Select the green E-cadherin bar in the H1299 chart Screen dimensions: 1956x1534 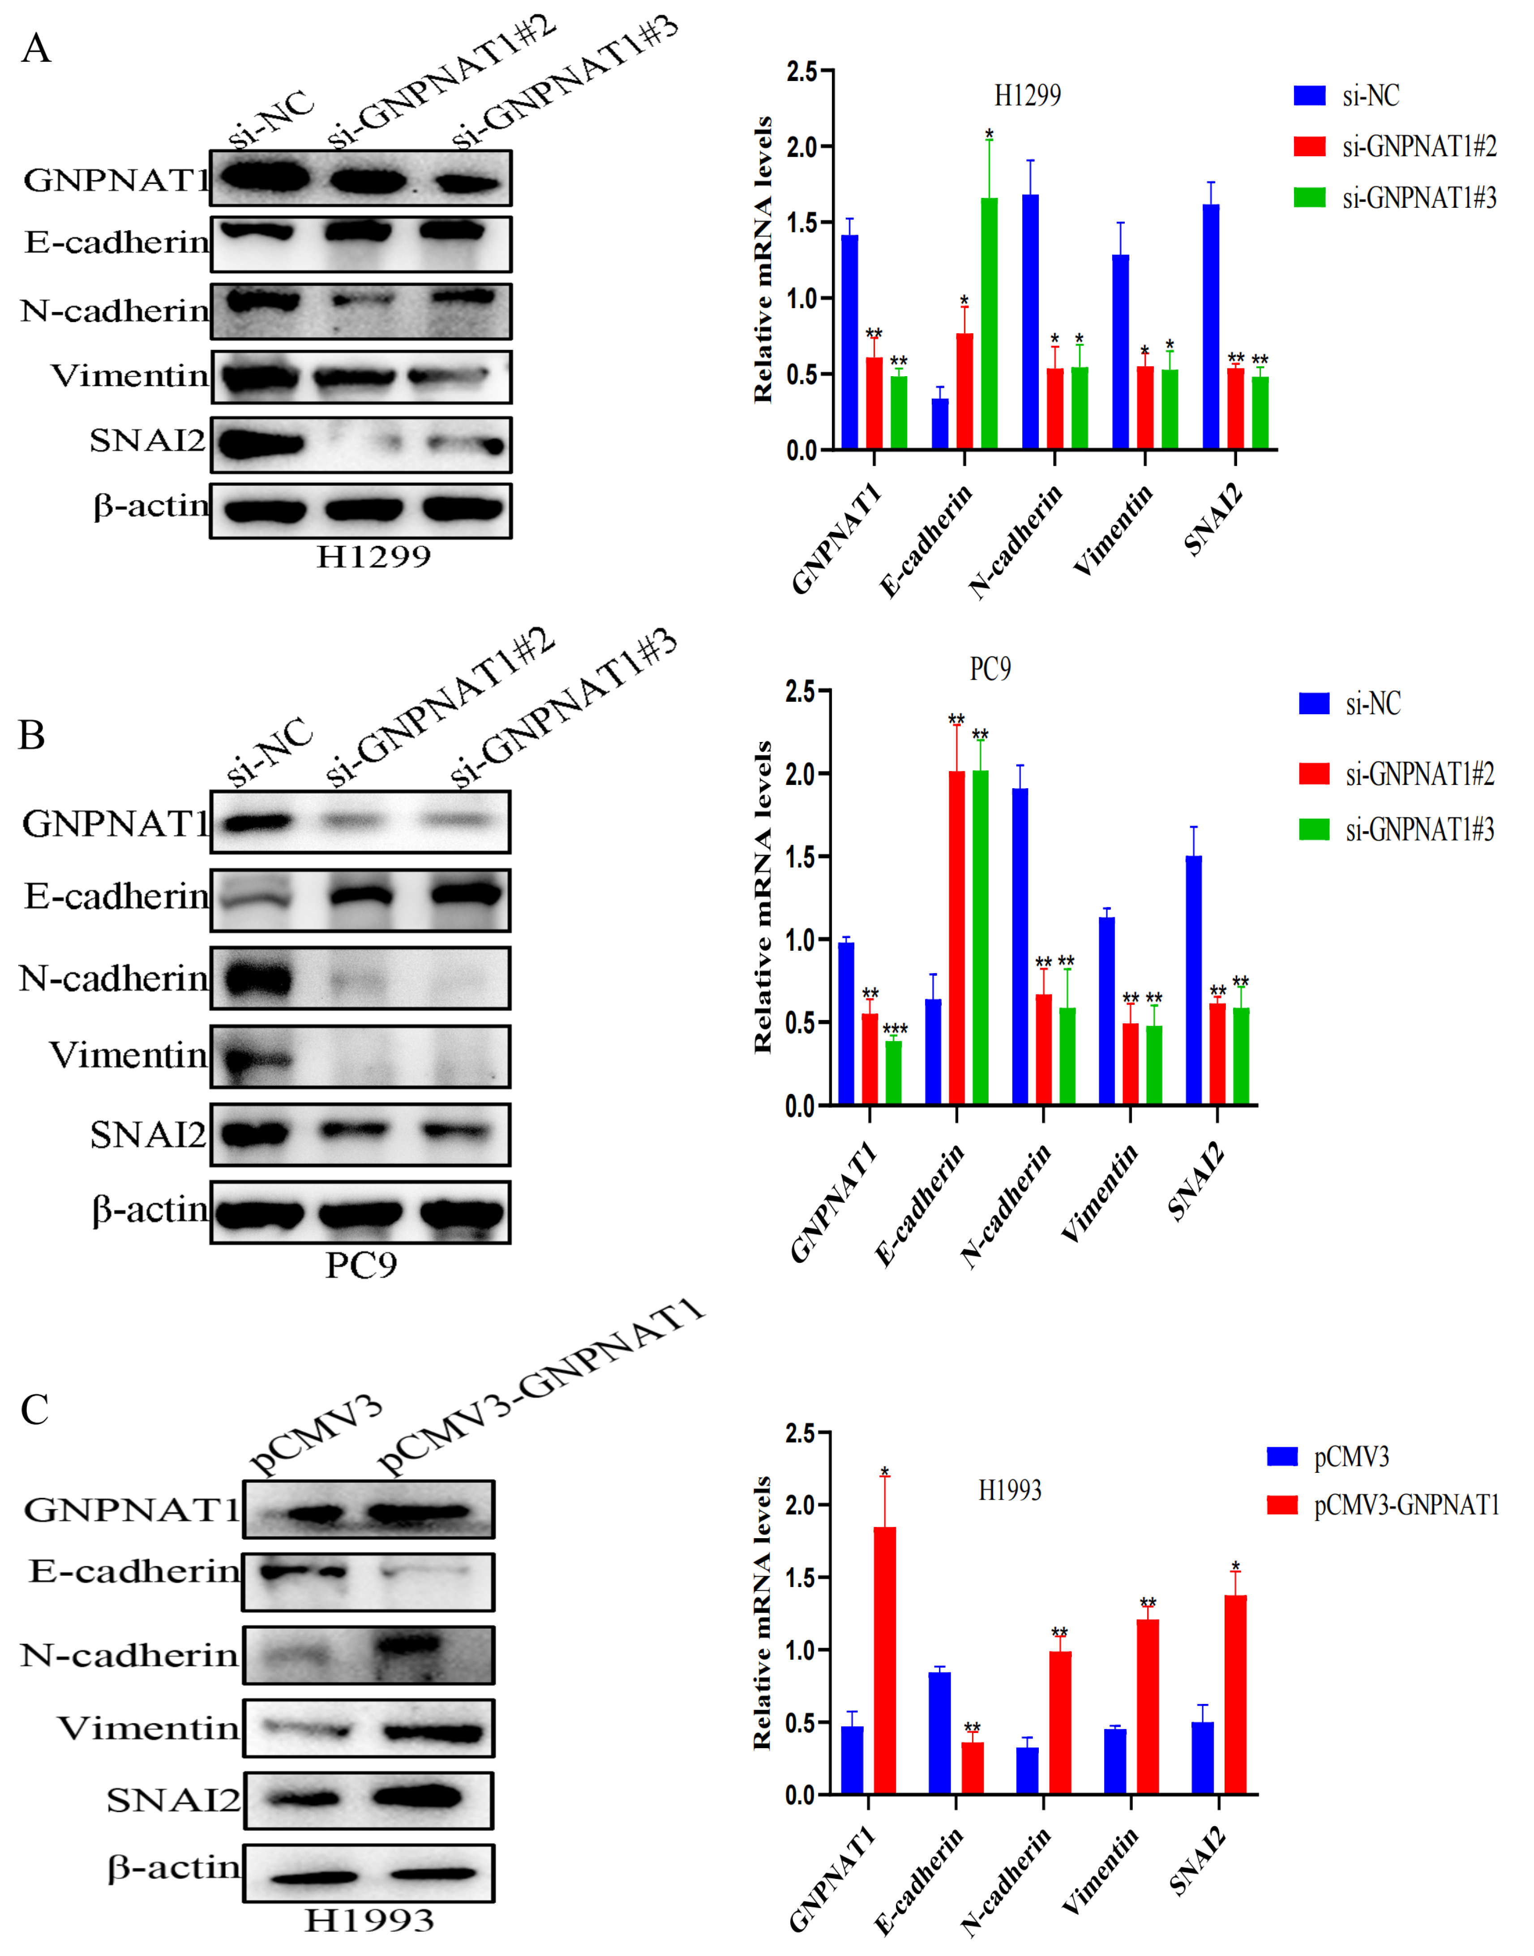tap(989, 323)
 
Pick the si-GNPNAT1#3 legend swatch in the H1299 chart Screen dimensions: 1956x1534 tap(1310, 197)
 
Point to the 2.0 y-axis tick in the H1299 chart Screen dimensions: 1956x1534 tap(802, 146)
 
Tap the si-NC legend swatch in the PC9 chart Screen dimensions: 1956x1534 tap(1314, 703)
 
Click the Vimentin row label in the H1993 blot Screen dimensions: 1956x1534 tap(148, 1728)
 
